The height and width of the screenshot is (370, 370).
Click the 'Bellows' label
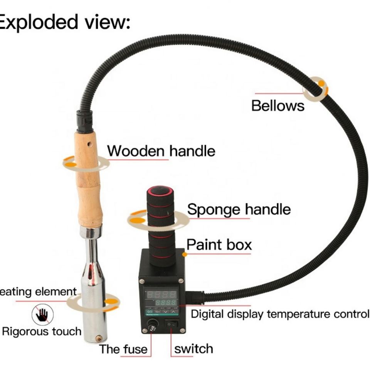pyautogui.click(x=277, y=105)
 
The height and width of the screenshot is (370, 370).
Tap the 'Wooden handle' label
pyautogui.click(x=161, y=151)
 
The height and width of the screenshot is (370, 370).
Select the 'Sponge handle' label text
pyautogui.click(x=239, y=209)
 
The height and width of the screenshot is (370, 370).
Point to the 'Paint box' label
pyautogui.click(x=219, y=245)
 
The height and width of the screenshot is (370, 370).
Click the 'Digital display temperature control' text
pyautogui.click(x=280, y=314)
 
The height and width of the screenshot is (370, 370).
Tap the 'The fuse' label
pyautogui.click(x=123, y=349)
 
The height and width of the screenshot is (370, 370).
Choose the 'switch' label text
pyautogui.click(x=193, y=348)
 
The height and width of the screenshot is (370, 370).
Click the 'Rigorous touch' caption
pyautogui.click(x=42, y=331)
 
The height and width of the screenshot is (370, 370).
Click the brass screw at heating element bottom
pyautogui.click(x=99, y=338)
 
